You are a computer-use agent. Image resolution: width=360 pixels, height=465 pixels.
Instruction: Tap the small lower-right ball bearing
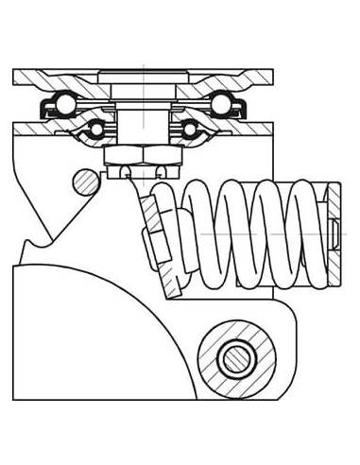click(189, 128)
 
